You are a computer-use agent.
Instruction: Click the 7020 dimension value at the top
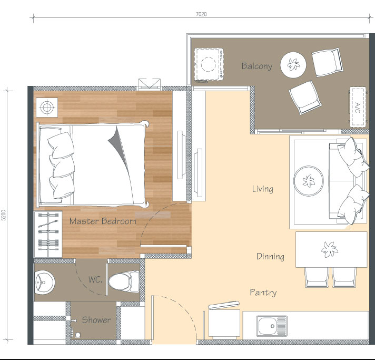click(x=201, y=14)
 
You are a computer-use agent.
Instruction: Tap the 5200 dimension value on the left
click(x=3, y=215)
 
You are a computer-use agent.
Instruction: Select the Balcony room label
click(x=257, y=66)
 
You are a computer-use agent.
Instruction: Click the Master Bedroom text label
click(x=103, y=221)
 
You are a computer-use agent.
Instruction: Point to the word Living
click(x=263, y=189)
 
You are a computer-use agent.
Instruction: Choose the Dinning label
click(x=270, y=256)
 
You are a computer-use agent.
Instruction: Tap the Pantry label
click(x=263, y=292)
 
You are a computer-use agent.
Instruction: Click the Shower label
click(x=96, y=320)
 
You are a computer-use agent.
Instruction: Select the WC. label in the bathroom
click(x=95, y=279)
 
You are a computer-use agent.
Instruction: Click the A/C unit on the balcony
click(x=358, y=107)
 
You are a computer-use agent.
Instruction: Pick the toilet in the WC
click(x=124, y=281)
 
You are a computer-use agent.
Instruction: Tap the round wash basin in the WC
click(x=44, y=283)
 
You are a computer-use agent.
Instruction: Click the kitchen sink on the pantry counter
click(x=272, y=326)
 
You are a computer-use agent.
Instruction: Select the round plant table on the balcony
click(x=293, y=65)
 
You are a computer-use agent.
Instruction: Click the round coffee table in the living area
click(x=309, y=181)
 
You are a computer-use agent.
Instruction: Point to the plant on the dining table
click(x=330, y=249)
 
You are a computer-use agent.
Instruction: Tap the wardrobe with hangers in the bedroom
click(x=48, y=234)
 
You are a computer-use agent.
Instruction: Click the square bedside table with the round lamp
click(x=47, y=107)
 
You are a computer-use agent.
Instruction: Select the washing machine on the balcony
click(x=209, y=64)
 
